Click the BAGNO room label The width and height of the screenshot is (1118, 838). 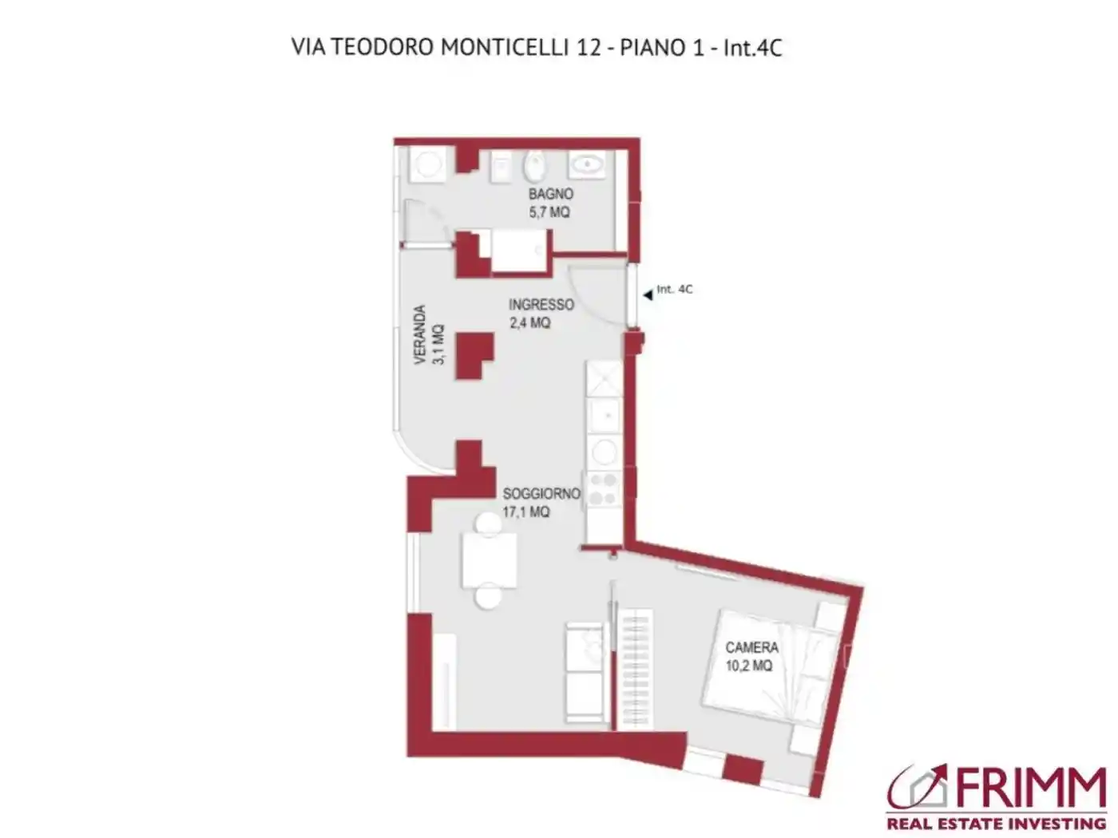550,194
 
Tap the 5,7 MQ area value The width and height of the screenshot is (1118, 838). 549,212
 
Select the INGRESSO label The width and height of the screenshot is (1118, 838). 541,304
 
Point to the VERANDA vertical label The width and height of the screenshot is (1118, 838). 420,335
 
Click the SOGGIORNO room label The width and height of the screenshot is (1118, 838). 541,493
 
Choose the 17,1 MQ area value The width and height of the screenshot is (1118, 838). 525,512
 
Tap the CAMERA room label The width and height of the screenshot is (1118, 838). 751,647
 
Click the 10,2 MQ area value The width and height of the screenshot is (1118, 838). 748,666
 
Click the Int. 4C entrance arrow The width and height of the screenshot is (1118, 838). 648,295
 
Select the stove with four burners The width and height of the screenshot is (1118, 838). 603,489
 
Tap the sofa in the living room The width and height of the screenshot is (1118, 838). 583,670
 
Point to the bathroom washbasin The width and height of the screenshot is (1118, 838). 587,165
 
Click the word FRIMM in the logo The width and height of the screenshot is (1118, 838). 1030,789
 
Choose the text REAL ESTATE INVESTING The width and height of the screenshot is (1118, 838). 996,823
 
